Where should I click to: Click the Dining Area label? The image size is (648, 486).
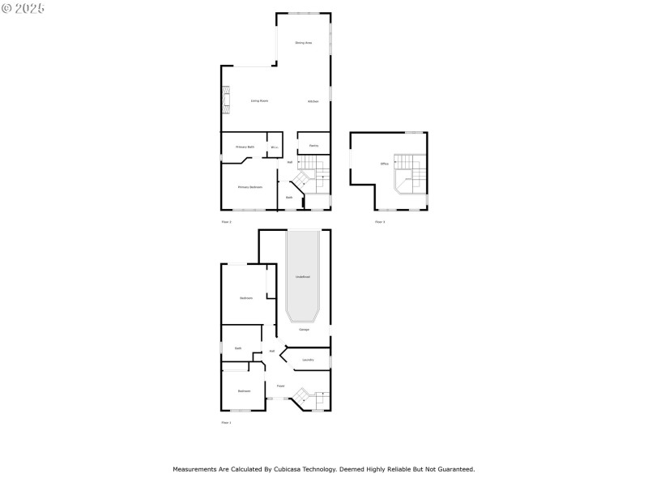point(304,42)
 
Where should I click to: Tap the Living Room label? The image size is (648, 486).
point(259,100)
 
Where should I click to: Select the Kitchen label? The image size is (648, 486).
point(313,101)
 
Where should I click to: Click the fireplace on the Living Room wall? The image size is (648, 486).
point(226,101)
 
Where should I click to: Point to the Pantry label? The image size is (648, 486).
point(313,146)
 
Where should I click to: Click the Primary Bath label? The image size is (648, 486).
point(245,147)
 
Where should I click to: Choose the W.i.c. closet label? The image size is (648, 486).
point(275,147)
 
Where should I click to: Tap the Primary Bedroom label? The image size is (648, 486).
point(249,187)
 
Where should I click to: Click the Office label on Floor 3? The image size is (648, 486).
point(384,164)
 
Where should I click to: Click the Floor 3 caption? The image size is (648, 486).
point(380,221)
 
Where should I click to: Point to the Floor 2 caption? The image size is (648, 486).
point(227,221)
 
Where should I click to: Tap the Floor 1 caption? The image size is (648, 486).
point(227,422)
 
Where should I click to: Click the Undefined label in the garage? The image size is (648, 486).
point(303,277)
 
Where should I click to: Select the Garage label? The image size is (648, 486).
point(304,330)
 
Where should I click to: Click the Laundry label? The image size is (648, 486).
point(308,360)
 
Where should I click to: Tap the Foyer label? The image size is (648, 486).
point(280,386)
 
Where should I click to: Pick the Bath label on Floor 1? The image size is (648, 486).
point(238,348)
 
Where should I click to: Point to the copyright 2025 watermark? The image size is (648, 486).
point(23,7)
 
